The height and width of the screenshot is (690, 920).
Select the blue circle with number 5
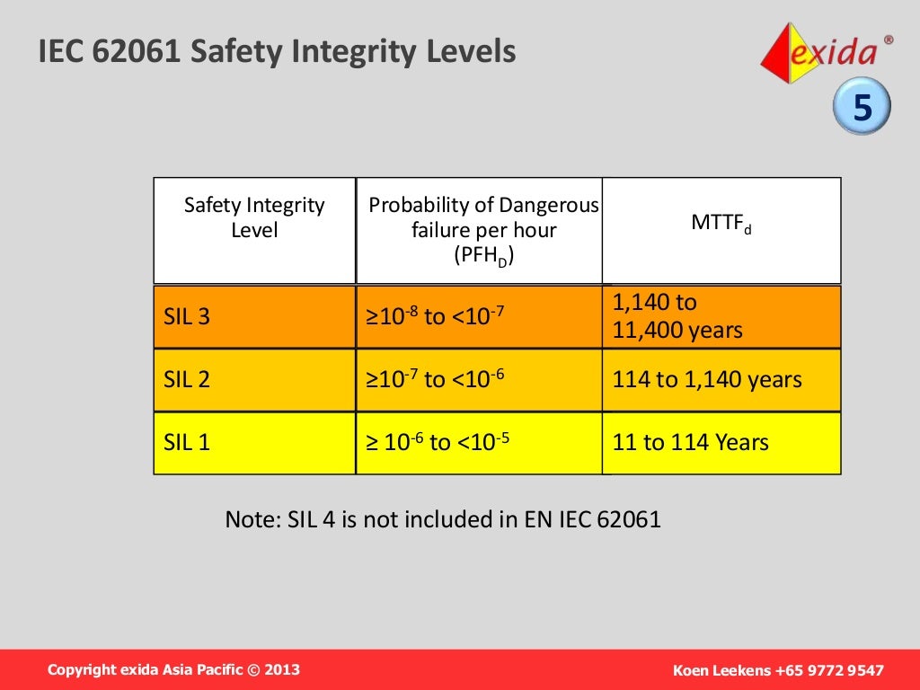point(862,109)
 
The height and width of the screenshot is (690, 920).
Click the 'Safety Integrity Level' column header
point(254,218)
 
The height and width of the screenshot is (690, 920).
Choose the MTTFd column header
point(721,223)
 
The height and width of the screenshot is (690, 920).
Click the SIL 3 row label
point(187,316)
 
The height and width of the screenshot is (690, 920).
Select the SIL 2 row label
point(187,379)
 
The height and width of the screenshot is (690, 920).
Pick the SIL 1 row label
point(187,442)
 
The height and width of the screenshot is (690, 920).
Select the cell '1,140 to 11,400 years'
point(677,316)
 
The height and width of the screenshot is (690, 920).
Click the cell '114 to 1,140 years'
point(707,379)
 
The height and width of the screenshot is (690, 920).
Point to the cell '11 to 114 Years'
point(690,442)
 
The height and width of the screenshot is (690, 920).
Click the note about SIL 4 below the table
point(442,519)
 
